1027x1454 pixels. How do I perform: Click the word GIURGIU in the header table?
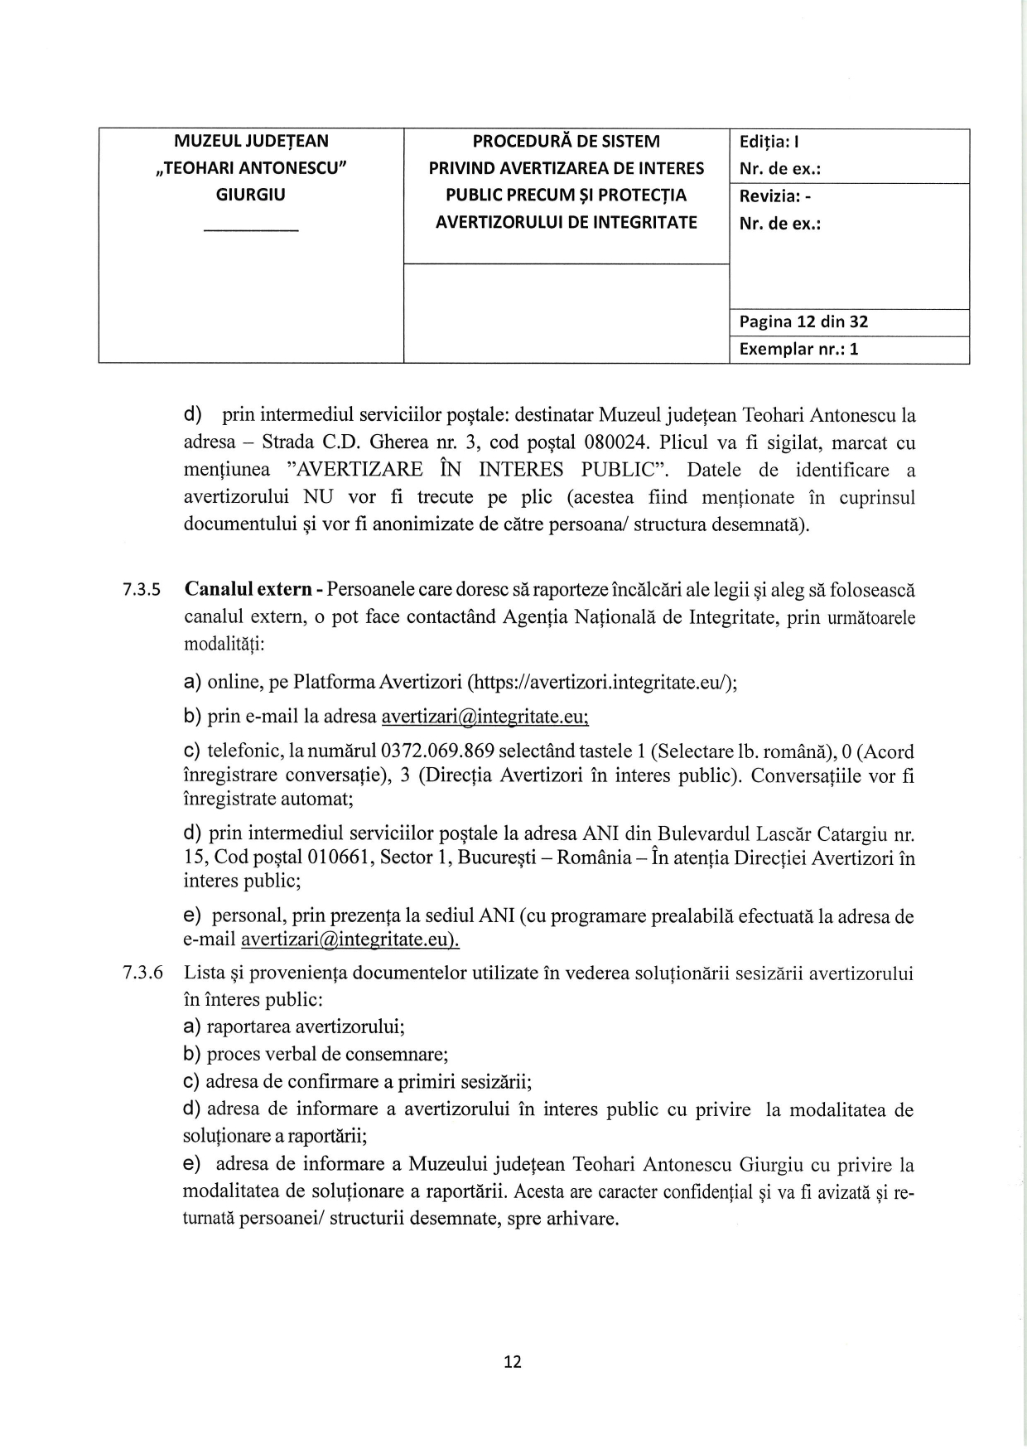click(x=251, y=196)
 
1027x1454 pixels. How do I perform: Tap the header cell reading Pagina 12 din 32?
click(x=803, y=322)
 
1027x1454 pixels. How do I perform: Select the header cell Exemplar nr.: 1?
click(x=798, y=349)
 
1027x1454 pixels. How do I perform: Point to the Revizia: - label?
click(x=774, y=196)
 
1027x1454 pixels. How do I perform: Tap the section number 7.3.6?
click(x=142, y=973)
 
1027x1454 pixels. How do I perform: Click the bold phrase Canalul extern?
click(x=248, y=590)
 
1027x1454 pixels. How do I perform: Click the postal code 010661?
click(x=341, y=857)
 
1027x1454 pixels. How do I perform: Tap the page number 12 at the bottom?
click(x=513, y=1362)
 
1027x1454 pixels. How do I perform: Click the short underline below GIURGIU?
click(x=251, y=229)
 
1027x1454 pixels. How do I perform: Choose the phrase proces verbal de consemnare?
click(x=326, y=1055)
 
